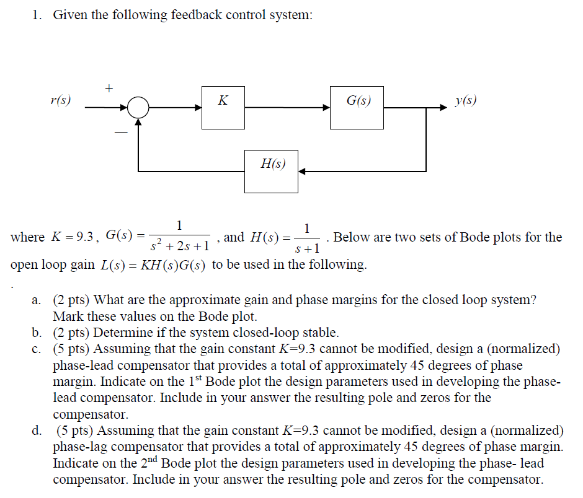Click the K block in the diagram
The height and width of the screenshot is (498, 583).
tap(224, 107)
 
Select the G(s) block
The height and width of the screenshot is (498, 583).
tap(357, 107)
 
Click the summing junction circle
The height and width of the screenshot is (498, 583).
tap(139, 108)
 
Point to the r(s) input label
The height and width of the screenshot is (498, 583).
tap(60, 100)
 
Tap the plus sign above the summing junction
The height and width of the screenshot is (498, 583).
tap(109, 88)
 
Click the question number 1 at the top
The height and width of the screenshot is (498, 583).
tap(37, 15)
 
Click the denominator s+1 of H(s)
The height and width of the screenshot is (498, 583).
tap(308, 248)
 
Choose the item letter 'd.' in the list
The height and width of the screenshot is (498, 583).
tap(38, 430)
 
